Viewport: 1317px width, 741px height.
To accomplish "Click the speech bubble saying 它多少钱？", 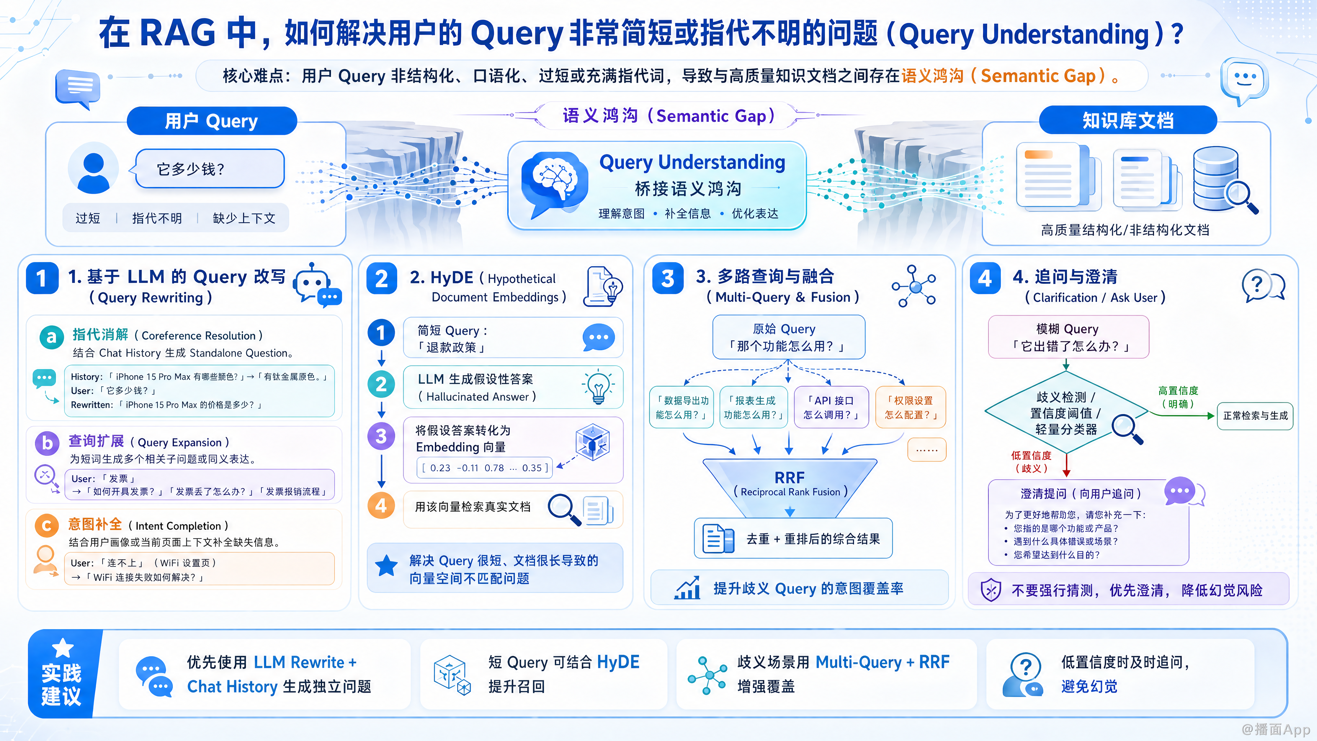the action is pyautogui.click(x=209, y=169).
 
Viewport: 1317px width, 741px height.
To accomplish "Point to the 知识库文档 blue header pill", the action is pyautogui.click(x=1128, y=120).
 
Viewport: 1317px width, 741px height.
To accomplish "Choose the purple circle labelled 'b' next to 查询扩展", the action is pyautogui.click(x=47, y=443).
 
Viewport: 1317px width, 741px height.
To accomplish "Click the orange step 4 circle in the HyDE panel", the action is pyautogui.click(x=381, y=506).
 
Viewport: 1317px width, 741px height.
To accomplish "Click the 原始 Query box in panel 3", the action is pyautogui.click(x=788, y=337).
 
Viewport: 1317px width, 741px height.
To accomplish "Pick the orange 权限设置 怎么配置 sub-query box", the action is pyautogui.click(x=911, y=407).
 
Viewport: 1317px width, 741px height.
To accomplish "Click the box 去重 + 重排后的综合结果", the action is pyautogui.click(x=793, y=539).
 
